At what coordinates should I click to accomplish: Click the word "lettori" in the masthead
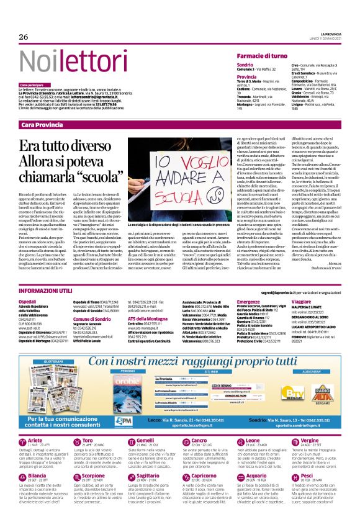tap(73, 63)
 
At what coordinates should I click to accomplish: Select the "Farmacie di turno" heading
tap(266, 56)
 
